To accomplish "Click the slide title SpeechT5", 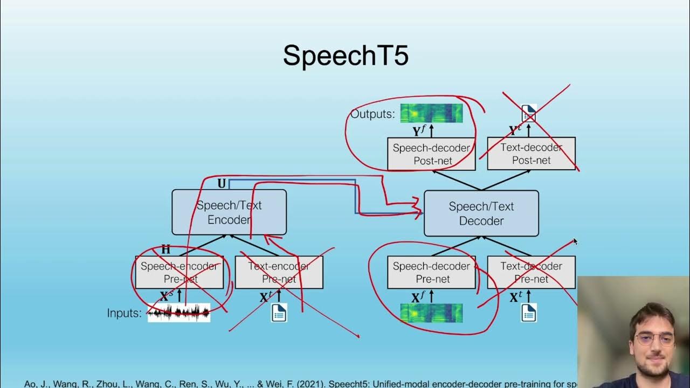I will pos(346,56).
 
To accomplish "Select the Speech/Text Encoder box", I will pos(229,212).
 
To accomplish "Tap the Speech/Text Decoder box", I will pos(481,213).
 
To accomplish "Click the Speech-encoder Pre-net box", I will pos(179,272).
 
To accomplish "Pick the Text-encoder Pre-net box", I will pos(279,272).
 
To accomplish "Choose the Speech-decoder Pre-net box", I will pos(431,272).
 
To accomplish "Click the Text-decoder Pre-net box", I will pos(531,272).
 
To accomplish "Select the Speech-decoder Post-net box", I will pos(431,154).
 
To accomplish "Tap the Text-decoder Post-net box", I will pos(531,154).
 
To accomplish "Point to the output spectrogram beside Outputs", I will pos(431,113).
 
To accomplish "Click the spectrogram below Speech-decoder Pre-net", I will pos(431,313).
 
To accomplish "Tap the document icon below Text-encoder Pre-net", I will pos(279,313).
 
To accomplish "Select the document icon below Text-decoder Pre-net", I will pos(529,313).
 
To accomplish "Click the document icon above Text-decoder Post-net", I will pos(529,113).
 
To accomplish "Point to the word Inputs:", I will pos(124,313).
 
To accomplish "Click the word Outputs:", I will pos(372,114).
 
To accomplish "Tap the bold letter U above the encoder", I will pos(222,184).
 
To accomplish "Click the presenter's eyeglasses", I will pos(654,339).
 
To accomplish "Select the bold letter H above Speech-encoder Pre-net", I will pos(165,250).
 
